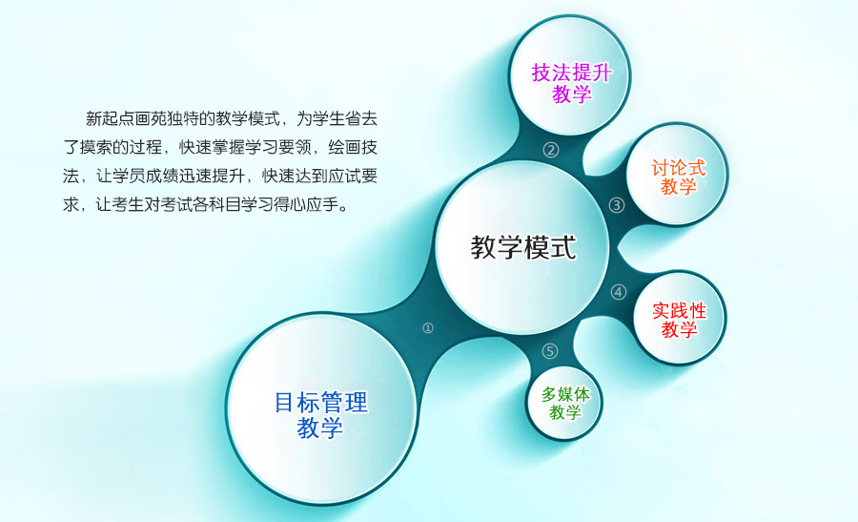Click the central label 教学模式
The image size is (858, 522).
click(x=523, y=247)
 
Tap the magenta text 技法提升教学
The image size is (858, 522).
click(x=571, y=83)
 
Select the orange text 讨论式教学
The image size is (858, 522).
click(x=678, y=177)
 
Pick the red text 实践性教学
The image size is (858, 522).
click(x=679, y=320)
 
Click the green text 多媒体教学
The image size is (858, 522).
click(x=565, y=403)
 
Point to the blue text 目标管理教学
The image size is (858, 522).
click(x=320, y=415)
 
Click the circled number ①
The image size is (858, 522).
click(x=428, y=327)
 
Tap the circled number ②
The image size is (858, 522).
click(x=550, y=150)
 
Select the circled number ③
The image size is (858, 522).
click(x=617, y=205)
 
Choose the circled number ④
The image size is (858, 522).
click(x=619, y=292)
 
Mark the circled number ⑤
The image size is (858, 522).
click(x=550, y=351)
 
